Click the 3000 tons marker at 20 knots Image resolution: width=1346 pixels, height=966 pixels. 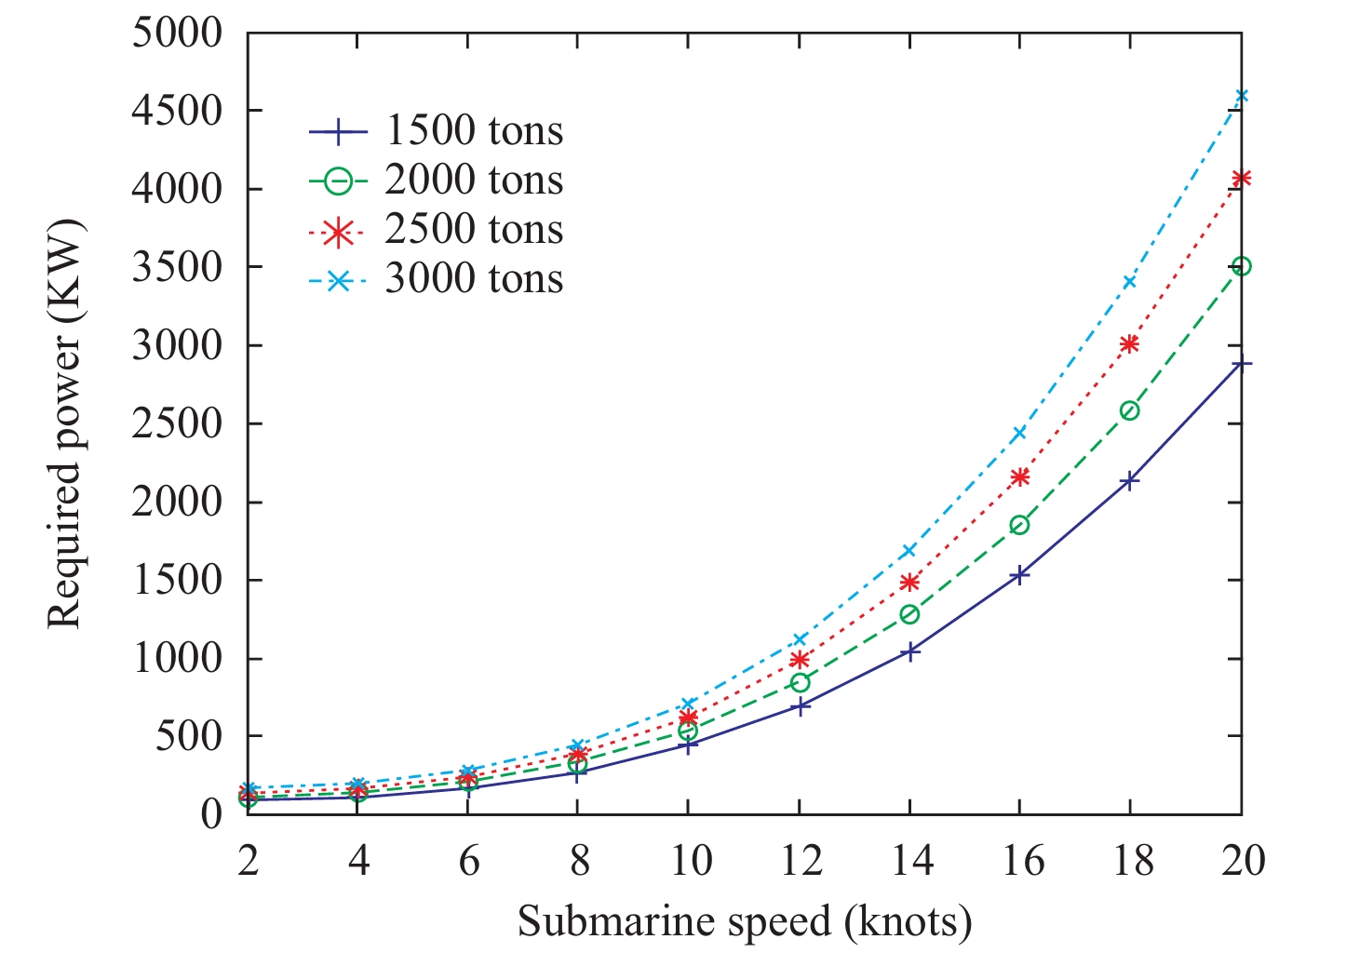pyautogui.click(x=1241, y=96)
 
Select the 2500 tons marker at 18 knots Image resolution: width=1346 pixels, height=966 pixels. pyautogui.click(x=1130, y=344)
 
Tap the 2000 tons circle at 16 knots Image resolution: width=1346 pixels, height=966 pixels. pyautogui.click(x=1020, y=525)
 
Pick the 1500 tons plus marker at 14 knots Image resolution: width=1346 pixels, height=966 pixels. pyautogui.click(x=909, y=651)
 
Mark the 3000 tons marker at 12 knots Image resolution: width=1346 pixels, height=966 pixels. pyautogui.click(x=800, y=639)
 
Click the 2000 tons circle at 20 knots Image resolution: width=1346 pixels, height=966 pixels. pyautogui.click(x=1241, y=266)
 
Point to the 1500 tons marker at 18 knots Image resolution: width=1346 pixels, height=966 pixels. pyautogui.click(x=1130, y=480)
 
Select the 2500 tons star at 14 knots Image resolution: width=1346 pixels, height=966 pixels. pyautogui.click(x=909, y=583)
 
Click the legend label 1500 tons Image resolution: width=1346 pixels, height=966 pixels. pyautogui.click(x=474, y=131)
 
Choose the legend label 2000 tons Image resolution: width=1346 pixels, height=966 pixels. pyautogui.click(x=474, y=181)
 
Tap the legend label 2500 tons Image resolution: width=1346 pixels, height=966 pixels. pyautogui.click(x=474, y=230)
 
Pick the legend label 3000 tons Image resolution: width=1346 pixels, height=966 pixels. pyautogui.click(x=474, y=279)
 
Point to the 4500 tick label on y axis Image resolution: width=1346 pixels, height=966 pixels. pyautogui.click(x=178, y=111)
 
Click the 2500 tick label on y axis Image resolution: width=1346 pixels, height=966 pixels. pyautogui.click(x=178, y=423)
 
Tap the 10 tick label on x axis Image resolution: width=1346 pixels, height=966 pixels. pyautogui.click(x=689, y=861)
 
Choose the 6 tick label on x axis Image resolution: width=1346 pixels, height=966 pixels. pyautogui.click(x=468, y=861)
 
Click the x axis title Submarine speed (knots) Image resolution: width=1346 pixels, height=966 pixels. pyautogui.click(x=745, y=921)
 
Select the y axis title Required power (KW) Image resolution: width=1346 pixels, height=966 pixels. pyautogui.click(x=65, y=423)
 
